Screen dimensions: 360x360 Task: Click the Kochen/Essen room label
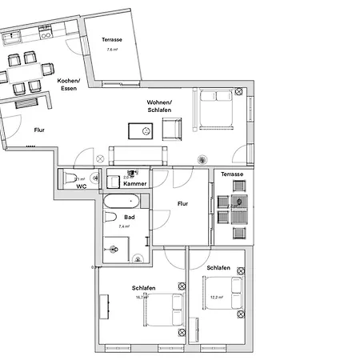(67, 84)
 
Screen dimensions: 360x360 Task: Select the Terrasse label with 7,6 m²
(111, 40)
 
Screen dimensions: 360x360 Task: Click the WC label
(81, 186)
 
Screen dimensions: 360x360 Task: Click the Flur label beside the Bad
(182, 204)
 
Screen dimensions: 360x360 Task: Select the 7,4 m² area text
(124, 226)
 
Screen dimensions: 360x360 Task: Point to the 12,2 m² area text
(214, 297)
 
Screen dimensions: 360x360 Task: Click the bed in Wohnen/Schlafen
(216, 110)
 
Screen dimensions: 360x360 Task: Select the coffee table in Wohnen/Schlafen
(146, 130)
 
